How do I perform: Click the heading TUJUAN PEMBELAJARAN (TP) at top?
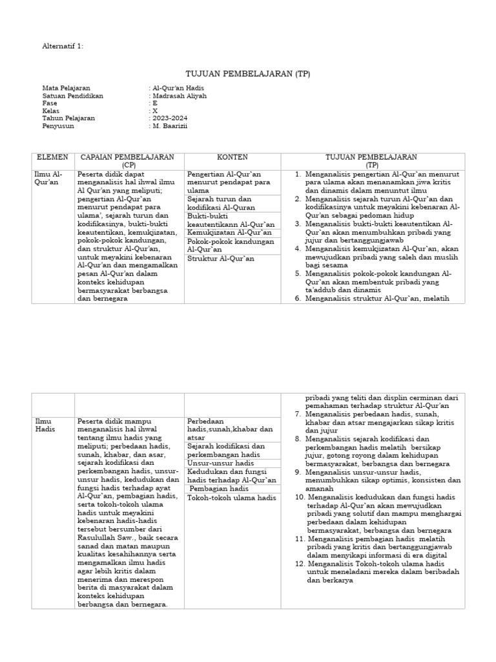pyautogui.click(x=248, y=74)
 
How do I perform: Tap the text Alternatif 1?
pyautogui.click(x=63, y=47)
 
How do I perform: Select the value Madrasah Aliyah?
pyautogui.click(x=180, y=96)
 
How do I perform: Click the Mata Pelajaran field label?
pyautogui.click(x=66, y=88)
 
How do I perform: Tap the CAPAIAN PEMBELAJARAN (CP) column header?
pyautogui.click(x=127, y=161)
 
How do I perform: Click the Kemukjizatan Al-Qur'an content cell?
pyautogui.click(x=230, y=232)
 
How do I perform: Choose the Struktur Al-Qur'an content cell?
pyautogui.click(x=221, y=259)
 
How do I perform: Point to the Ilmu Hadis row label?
pyautogui.click(x=45, y=425)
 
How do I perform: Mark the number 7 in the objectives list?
pyautogui.click(x=298, y=413)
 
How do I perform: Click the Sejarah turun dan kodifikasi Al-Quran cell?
pyautogui.click(x=220, y=203)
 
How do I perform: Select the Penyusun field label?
pyautogui.click(x=58, y=126)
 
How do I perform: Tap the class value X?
pyautogui.click(x=154, y=111)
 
